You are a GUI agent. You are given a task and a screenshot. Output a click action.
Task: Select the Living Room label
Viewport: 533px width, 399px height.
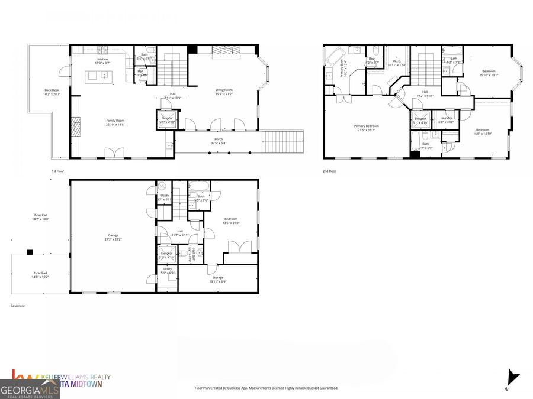224,90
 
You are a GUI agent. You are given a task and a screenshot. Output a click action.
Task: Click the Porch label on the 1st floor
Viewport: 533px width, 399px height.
219,140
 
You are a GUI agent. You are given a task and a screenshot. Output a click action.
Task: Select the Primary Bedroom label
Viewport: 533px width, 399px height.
366,126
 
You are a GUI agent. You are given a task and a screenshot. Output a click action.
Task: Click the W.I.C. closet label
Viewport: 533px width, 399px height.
397,61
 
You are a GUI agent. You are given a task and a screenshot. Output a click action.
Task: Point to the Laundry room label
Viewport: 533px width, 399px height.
447,118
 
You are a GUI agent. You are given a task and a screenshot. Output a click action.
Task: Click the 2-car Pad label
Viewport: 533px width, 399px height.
40,216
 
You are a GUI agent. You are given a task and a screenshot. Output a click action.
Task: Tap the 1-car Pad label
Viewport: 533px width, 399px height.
40,274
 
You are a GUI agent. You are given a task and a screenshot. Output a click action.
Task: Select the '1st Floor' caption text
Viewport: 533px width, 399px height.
58,171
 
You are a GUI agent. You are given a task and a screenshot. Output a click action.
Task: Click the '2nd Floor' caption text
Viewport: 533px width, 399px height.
329,171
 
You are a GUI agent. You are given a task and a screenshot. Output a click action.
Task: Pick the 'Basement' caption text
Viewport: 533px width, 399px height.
18,306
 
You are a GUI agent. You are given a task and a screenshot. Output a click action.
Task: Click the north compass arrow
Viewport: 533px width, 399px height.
513,376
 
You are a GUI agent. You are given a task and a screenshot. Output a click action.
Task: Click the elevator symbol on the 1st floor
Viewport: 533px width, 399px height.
166,118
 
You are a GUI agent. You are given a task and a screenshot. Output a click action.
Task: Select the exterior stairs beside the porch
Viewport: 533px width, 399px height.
282,141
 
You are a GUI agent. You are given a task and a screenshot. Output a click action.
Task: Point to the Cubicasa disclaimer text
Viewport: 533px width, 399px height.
266,388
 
